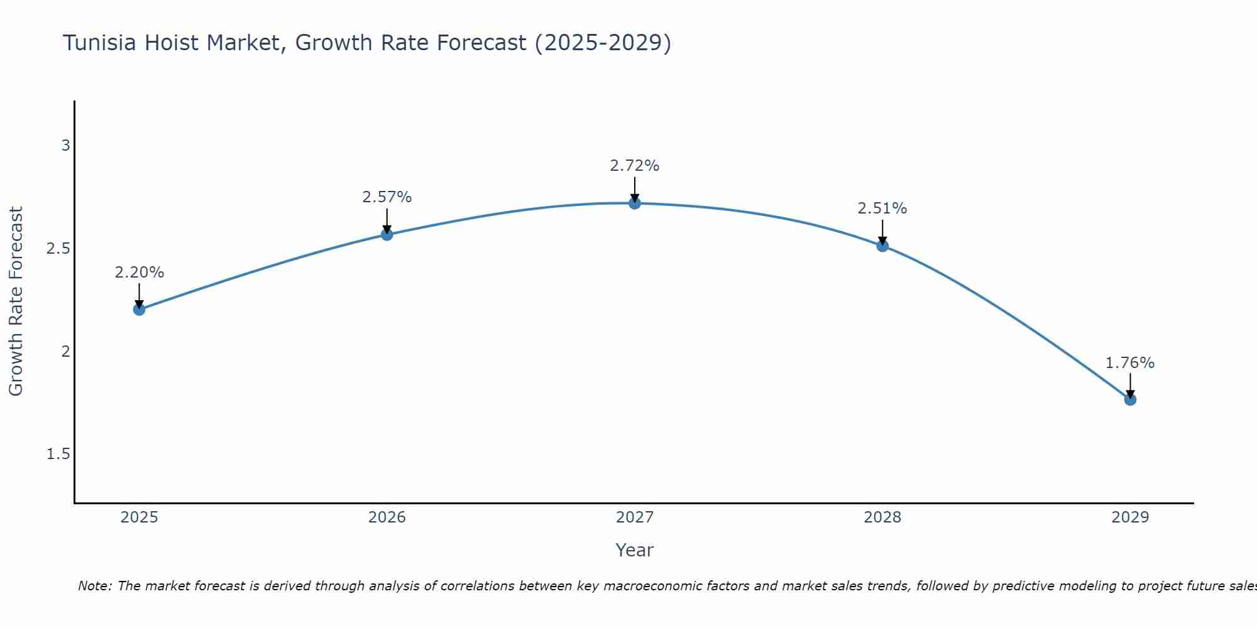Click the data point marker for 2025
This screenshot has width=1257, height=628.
(x=140, y=309)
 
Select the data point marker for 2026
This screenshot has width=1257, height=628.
(x=387, y=234)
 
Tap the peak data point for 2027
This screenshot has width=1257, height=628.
(x=635, y=203)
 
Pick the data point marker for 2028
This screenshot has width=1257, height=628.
(x=882, y=246)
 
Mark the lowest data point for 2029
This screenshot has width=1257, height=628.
(x=1130, y=399)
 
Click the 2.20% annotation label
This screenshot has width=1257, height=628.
(x=140, y=273)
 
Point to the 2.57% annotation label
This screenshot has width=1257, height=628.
(x=387, y=197)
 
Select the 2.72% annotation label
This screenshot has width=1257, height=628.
(x=635, y=166)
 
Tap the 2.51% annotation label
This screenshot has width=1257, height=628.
(x=882, y=208)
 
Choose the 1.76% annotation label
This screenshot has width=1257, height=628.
(x=1130, y=363)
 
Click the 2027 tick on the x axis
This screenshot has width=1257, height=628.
(x=635, y=517)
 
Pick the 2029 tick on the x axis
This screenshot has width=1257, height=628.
(x=1130, y=517)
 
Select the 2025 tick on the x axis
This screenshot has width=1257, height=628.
(x=140, y=517)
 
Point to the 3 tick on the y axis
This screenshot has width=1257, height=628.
(x=65, y=146)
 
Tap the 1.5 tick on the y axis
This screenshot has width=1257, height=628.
(x=58, y=454)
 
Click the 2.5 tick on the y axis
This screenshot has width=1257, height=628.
(x=58, y=249)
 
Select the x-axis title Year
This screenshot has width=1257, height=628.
(x=635, y=550)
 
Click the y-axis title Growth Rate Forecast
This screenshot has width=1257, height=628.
(x=16, y=301)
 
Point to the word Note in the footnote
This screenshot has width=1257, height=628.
(x=94, y=586)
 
